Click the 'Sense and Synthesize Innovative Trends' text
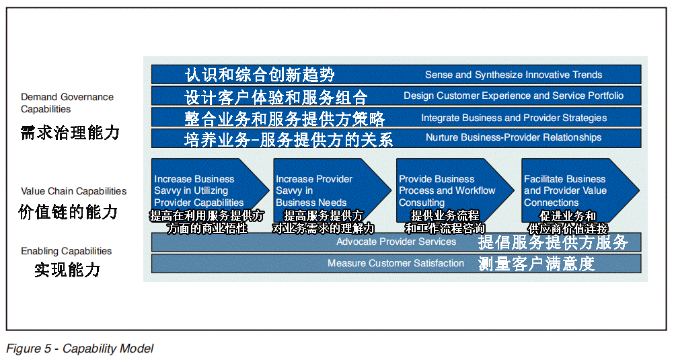[x=513, y=75]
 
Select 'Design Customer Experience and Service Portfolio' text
[x=513, y=96]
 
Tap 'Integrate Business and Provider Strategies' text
[x=513, y=118]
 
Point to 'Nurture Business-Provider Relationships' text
[x=513, y=137]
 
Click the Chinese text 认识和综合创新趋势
[x=260, y=75]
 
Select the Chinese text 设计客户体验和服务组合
[x=276, y=97]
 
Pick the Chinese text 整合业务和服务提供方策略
[x=285, y=119]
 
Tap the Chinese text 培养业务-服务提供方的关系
[x=289, y=139]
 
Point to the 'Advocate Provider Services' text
[x=396, y=242]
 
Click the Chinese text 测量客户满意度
[x=536, y=263]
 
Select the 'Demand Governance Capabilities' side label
[x=67, y=103]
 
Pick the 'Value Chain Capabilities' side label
[x=73, y=191]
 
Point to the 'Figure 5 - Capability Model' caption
[x=80, y=349]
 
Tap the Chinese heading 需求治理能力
[x=70, y=133]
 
